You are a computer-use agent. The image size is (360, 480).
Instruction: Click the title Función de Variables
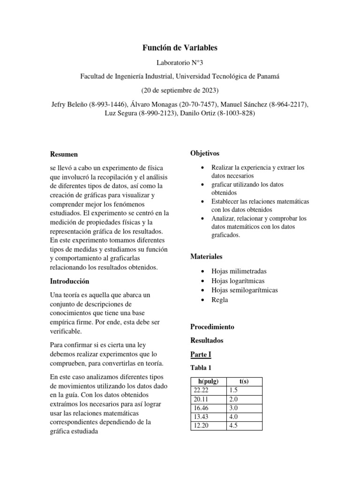coord(180,48)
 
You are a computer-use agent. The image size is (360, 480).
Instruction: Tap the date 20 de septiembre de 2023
coord(180,90)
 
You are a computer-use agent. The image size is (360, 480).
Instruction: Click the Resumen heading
coord(64,154)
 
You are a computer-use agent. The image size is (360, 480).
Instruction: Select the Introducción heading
coord(69,281)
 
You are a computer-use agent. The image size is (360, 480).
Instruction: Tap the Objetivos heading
coord(204,154)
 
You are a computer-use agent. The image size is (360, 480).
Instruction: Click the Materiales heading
coord(206,256)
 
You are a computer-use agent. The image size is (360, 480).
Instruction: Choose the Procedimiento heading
coord(212,327)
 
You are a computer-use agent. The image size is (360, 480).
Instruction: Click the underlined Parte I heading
coord(201,354)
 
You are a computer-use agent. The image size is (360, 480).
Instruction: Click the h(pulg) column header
coord(208,381)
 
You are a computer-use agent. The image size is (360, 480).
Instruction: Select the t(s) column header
coord(244,381)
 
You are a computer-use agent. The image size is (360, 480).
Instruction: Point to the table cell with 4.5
coord(233,426)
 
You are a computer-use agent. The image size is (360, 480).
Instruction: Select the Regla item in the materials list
coord(219,300)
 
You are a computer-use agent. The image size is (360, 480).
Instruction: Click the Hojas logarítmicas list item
coord(238,281)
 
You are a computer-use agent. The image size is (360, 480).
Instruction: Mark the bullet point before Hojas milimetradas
coord(202,271)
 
